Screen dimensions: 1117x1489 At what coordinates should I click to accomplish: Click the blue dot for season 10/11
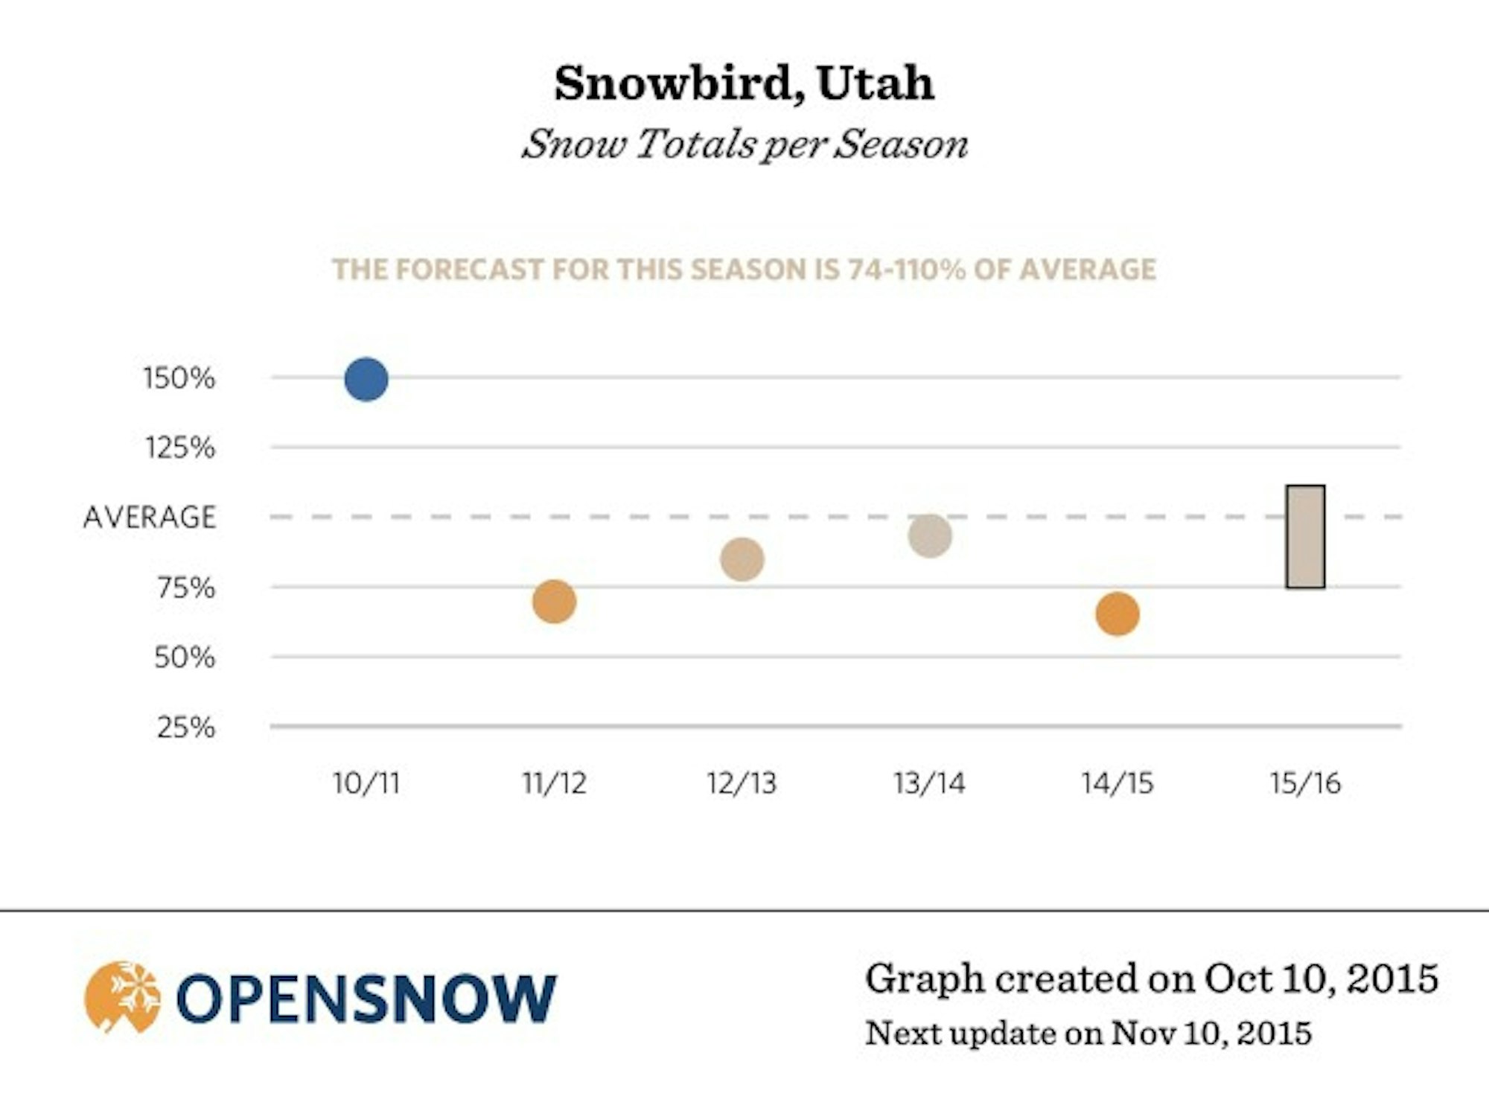[x=366, y=380]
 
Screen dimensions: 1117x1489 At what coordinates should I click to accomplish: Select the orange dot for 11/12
[x=555, y=602]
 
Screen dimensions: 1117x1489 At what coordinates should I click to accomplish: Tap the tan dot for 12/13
[x=742, y=559]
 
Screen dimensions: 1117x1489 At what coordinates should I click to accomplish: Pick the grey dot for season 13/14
[x=930, y=535]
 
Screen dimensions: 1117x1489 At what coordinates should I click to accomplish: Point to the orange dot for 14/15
[x=1117, y=614]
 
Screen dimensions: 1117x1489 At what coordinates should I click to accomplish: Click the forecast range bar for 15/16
[x=1305, y=537]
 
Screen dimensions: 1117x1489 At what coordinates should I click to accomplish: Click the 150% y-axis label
[x=179, y=378]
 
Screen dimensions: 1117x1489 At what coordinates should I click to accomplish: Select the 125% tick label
[x=180, y=448]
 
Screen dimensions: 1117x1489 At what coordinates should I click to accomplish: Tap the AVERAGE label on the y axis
[x=150, y=518]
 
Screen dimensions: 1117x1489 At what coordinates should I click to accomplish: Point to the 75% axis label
[x=186, y=588]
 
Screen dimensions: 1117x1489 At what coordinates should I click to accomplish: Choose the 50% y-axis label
[x=185, y=658]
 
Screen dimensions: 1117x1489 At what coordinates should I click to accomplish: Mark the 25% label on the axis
[x=186, y=728]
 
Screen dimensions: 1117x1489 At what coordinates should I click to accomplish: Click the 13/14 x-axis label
[x=930, y=783]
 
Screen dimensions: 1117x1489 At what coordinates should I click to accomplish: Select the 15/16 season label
[x=1305, y=783]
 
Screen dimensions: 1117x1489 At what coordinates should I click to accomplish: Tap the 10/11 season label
[x=366, y=783]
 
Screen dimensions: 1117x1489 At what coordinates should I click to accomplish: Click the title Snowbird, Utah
[x=744, y=83]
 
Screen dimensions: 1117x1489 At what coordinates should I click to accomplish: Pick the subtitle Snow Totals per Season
[x=744, y=144]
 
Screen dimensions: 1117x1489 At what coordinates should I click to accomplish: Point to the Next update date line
[x=1088, y=1034]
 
